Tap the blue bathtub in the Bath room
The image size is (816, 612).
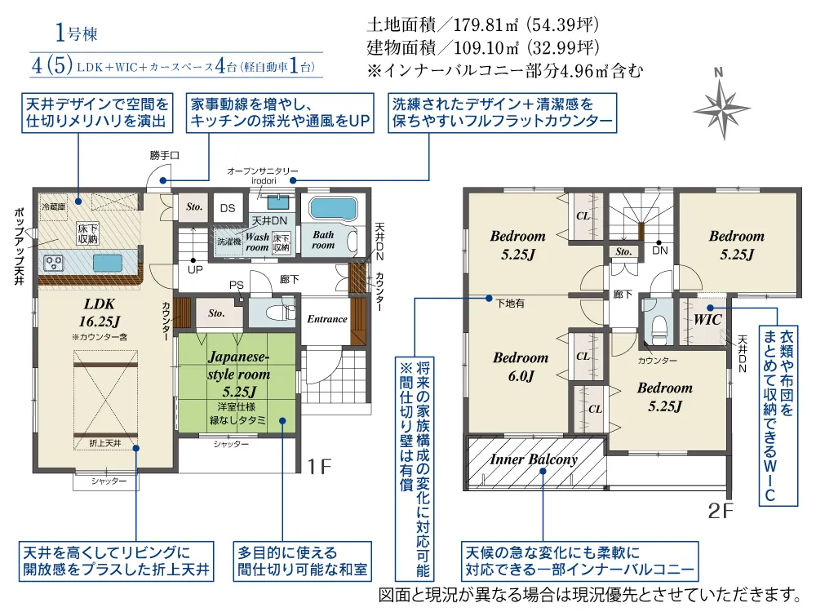click(x=334, y=209)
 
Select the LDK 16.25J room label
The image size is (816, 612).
click(x=99, y=313)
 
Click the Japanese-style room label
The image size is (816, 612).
click(x=239, y=375)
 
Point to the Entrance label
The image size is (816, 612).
click(x=327, y=319)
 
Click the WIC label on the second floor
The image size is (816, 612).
click(x=707, y=320)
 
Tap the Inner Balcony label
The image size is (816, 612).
click(x=534, y=459)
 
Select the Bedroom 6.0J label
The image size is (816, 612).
click(x=521, y=366)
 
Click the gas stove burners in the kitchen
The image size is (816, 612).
click(x=53, y=264)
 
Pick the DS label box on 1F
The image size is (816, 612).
click(x=228, y=208)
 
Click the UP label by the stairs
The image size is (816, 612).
click(x=195, y=269)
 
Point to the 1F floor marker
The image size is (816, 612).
click(x=319, y=467)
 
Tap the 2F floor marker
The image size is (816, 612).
click(x=721, y=511)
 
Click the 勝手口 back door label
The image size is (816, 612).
click(x=165, y=155)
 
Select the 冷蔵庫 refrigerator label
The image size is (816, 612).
click(x=54, y=206)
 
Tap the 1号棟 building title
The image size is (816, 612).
click(x=77, y=33)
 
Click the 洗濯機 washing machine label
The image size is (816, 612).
click(x=229, y=242)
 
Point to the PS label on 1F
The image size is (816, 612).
click(x=237, y=285)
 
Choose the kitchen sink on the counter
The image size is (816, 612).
click(x=108, y=263)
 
